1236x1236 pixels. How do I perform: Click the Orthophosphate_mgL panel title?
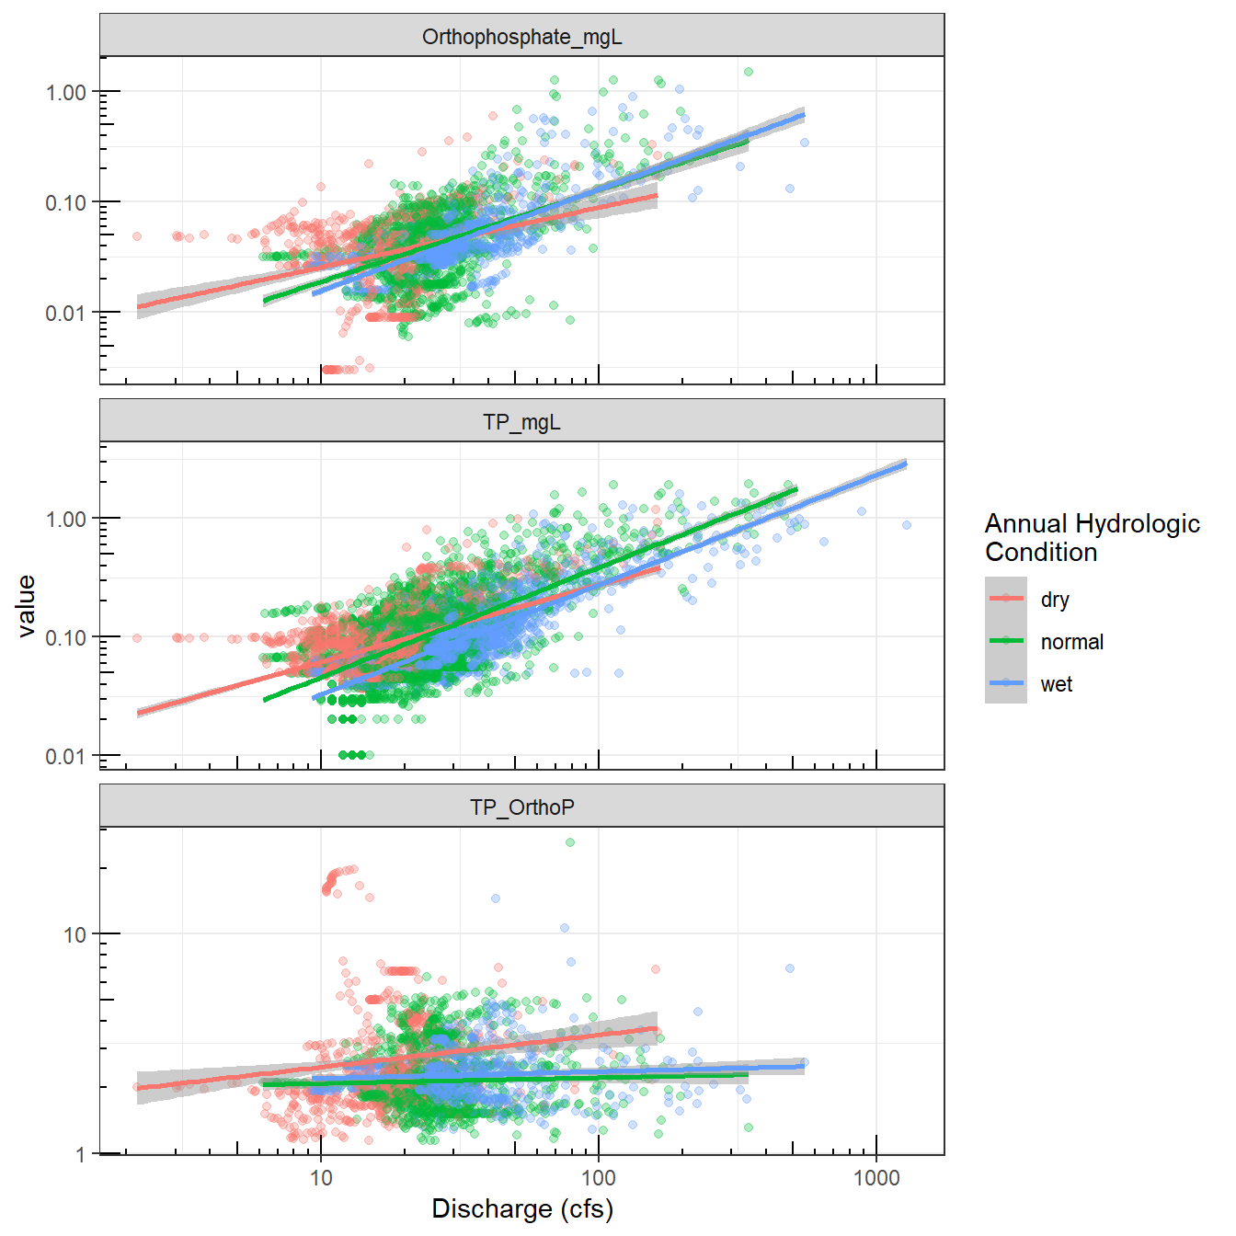521,37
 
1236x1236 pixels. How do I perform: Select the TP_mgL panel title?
521,422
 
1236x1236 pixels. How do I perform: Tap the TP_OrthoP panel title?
521,807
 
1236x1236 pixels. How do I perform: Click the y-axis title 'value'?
27,605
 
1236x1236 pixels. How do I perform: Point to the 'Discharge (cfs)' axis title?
521,1208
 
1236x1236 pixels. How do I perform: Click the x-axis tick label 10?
321,1178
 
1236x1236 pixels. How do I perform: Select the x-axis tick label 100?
599,1178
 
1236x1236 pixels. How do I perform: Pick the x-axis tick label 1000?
875,1178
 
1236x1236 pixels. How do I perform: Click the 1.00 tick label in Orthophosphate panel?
66,92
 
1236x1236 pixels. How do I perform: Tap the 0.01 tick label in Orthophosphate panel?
66,313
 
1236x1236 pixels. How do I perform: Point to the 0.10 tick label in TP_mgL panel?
66,637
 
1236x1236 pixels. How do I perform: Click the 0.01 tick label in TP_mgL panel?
66,756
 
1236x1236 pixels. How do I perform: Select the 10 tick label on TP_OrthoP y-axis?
74,934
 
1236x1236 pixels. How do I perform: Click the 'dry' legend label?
1055,600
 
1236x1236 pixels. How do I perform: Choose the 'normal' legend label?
1071,642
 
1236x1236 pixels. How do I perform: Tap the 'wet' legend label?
1056,684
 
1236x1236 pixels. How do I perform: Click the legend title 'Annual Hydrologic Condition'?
1092,537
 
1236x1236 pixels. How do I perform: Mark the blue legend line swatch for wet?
1006,683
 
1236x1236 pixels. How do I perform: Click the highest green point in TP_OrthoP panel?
570,842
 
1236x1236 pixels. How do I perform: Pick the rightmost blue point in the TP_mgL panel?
907,525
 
